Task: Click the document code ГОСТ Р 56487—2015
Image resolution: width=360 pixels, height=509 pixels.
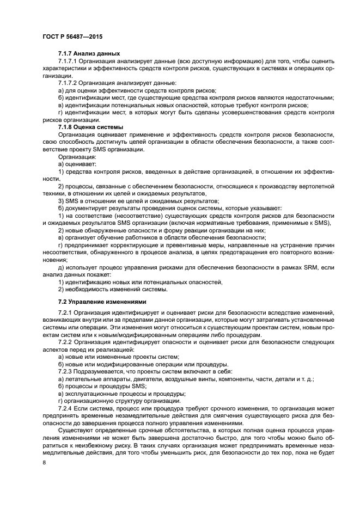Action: click(72, 36)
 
